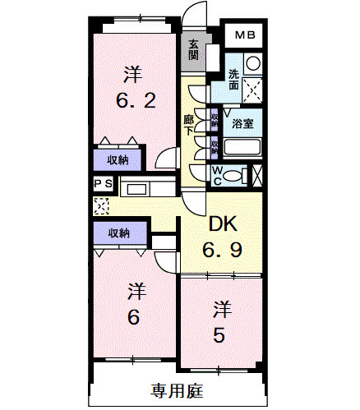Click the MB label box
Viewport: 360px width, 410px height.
[246, 35]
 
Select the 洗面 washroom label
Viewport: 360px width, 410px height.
[234, 79]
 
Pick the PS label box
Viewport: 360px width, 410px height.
[104, 184]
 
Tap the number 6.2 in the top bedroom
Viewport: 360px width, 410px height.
[132, 101]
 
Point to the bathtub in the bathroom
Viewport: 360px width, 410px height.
[242, 149]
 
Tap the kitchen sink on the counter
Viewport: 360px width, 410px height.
[136, 189]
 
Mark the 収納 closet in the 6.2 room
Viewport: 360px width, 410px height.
[118, 160]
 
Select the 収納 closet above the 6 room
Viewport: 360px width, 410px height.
[118, 233]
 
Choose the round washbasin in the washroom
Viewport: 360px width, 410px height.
[252, 63]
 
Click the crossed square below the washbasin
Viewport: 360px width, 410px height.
[252, 89]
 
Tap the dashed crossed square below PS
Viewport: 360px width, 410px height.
[101, 205]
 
